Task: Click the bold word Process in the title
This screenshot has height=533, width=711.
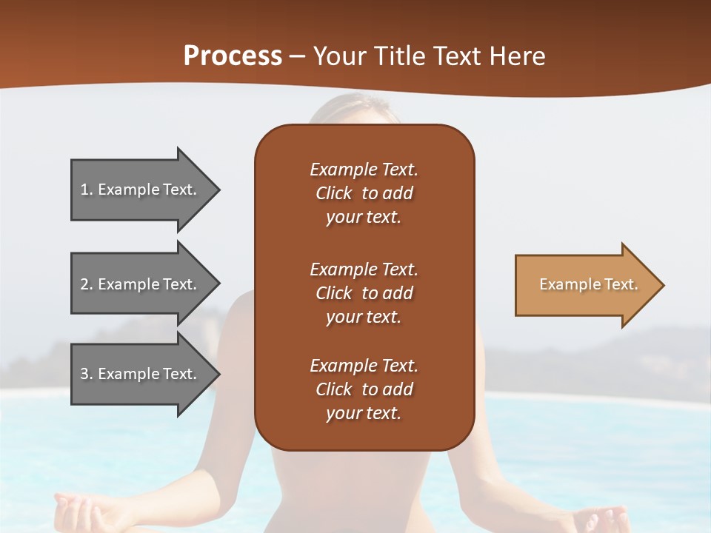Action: [x=233, y=56]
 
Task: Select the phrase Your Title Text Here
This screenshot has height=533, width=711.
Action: [x=430, y=56]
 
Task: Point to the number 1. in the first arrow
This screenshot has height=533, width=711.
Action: [x=87, y=190]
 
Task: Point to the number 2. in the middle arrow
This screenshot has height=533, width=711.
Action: [x=87, y=284]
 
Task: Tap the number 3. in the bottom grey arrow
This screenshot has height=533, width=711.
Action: [x=87, y=374]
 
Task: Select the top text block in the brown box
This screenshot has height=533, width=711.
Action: [x=364, y=193]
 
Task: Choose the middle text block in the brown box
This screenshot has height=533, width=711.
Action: [x=364, y=293]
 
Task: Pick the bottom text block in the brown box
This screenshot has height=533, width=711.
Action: [x=364, y=389]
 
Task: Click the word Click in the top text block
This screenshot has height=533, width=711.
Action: [x=333, y=193]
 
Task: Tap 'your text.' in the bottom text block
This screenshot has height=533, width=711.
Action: [x=364, y=413]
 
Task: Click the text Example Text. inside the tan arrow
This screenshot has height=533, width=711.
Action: [x=588, y=284]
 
